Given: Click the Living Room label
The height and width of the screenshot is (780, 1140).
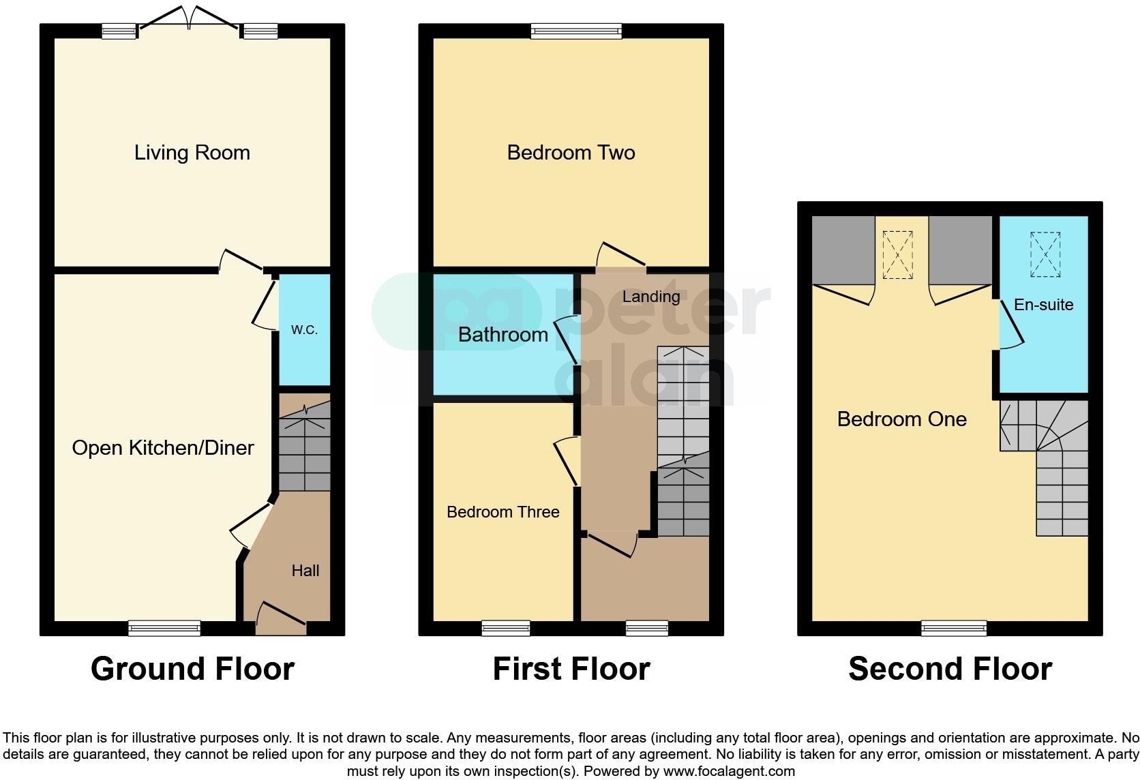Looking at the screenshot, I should pyautogui.click(x=192, y=152).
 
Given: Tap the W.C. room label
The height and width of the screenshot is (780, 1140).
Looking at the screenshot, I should pyautogui.click(x=304, y=330).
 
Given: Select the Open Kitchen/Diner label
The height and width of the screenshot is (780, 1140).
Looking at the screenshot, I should pyautogui.click(x=163, y=448).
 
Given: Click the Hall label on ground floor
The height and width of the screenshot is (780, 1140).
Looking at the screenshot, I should pyautogui.click(x=305, y=571).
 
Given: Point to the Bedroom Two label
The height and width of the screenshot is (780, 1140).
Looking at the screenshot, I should pyautogui.click(x=571, y=152).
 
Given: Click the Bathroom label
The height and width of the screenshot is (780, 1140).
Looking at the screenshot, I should pyautogui.click(x=502, y=334).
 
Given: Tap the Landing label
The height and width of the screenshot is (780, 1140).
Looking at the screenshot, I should pyautogui.click(x=650, y=297).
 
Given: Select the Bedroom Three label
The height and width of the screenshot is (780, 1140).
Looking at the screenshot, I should pyautogui.click(x=502, y=512).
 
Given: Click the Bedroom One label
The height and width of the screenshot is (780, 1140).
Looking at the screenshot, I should pyautogui.click(x=901, y=419).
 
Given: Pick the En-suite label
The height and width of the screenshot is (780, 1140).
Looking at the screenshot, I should pyautogui.click(x=1043, y=305).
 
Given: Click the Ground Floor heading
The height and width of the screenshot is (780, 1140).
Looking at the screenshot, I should pyautogui.click(x=192, y=669).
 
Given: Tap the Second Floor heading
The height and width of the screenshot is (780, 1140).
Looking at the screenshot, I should pyautogui.click(x=950, y=669).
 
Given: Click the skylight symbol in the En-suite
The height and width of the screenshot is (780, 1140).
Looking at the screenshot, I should pyautogui.click(x=1045, y=254).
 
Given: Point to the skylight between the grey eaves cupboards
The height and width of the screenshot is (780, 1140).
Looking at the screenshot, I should pyautogui.click(x=898, y=254).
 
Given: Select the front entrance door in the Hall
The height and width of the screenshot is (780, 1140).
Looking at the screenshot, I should pyautogui.click(x=281, y=617).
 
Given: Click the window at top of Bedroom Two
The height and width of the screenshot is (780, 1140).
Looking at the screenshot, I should pyautogui.click(x=576, y=31).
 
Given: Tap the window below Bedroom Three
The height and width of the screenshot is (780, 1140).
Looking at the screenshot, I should pyautogui.click(x=505, y=628).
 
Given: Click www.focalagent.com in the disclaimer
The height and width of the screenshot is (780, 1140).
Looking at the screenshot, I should pyautogui.click(x=729, y=771).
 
